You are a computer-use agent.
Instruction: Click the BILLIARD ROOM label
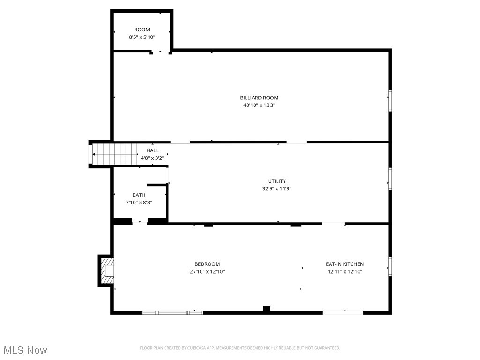click(x=259, y=98)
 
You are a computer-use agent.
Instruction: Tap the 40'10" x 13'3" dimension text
click(x=259, y=105)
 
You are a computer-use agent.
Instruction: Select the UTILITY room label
click(x=277, y=181)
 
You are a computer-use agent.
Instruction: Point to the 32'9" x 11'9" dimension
click(x=277, y=188)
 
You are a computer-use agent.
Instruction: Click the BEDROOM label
click(x=207, y=264)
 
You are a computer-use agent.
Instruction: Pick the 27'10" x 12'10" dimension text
click(x=207, y=271)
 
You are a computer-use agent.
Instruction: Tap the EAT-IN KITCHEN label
click(x=345, y=264)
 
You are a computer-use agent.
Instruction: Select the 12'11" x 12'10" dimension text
click(x=345, y=271)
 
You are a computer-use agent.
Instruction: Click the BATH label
click(x=139, y=195)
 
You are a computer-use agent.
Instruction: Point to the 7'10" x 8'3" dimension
click(x=139, y=202)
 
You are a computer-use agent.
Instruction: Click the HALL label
click(x=152, y=150)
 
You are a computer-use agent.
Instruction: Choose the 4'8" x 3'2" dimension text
click(x=152, y=158)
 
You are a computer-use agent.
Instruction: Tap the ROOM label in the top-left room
click(x=142, y=30)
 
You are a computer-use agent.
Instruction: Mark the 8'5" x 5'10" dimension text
click(x=142, y=37)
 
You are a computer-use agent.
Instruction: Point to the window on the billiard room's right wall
click(x=390, y=101)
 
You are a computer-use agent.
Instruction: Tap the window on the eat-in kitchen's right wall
click(x=390, y=266)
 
